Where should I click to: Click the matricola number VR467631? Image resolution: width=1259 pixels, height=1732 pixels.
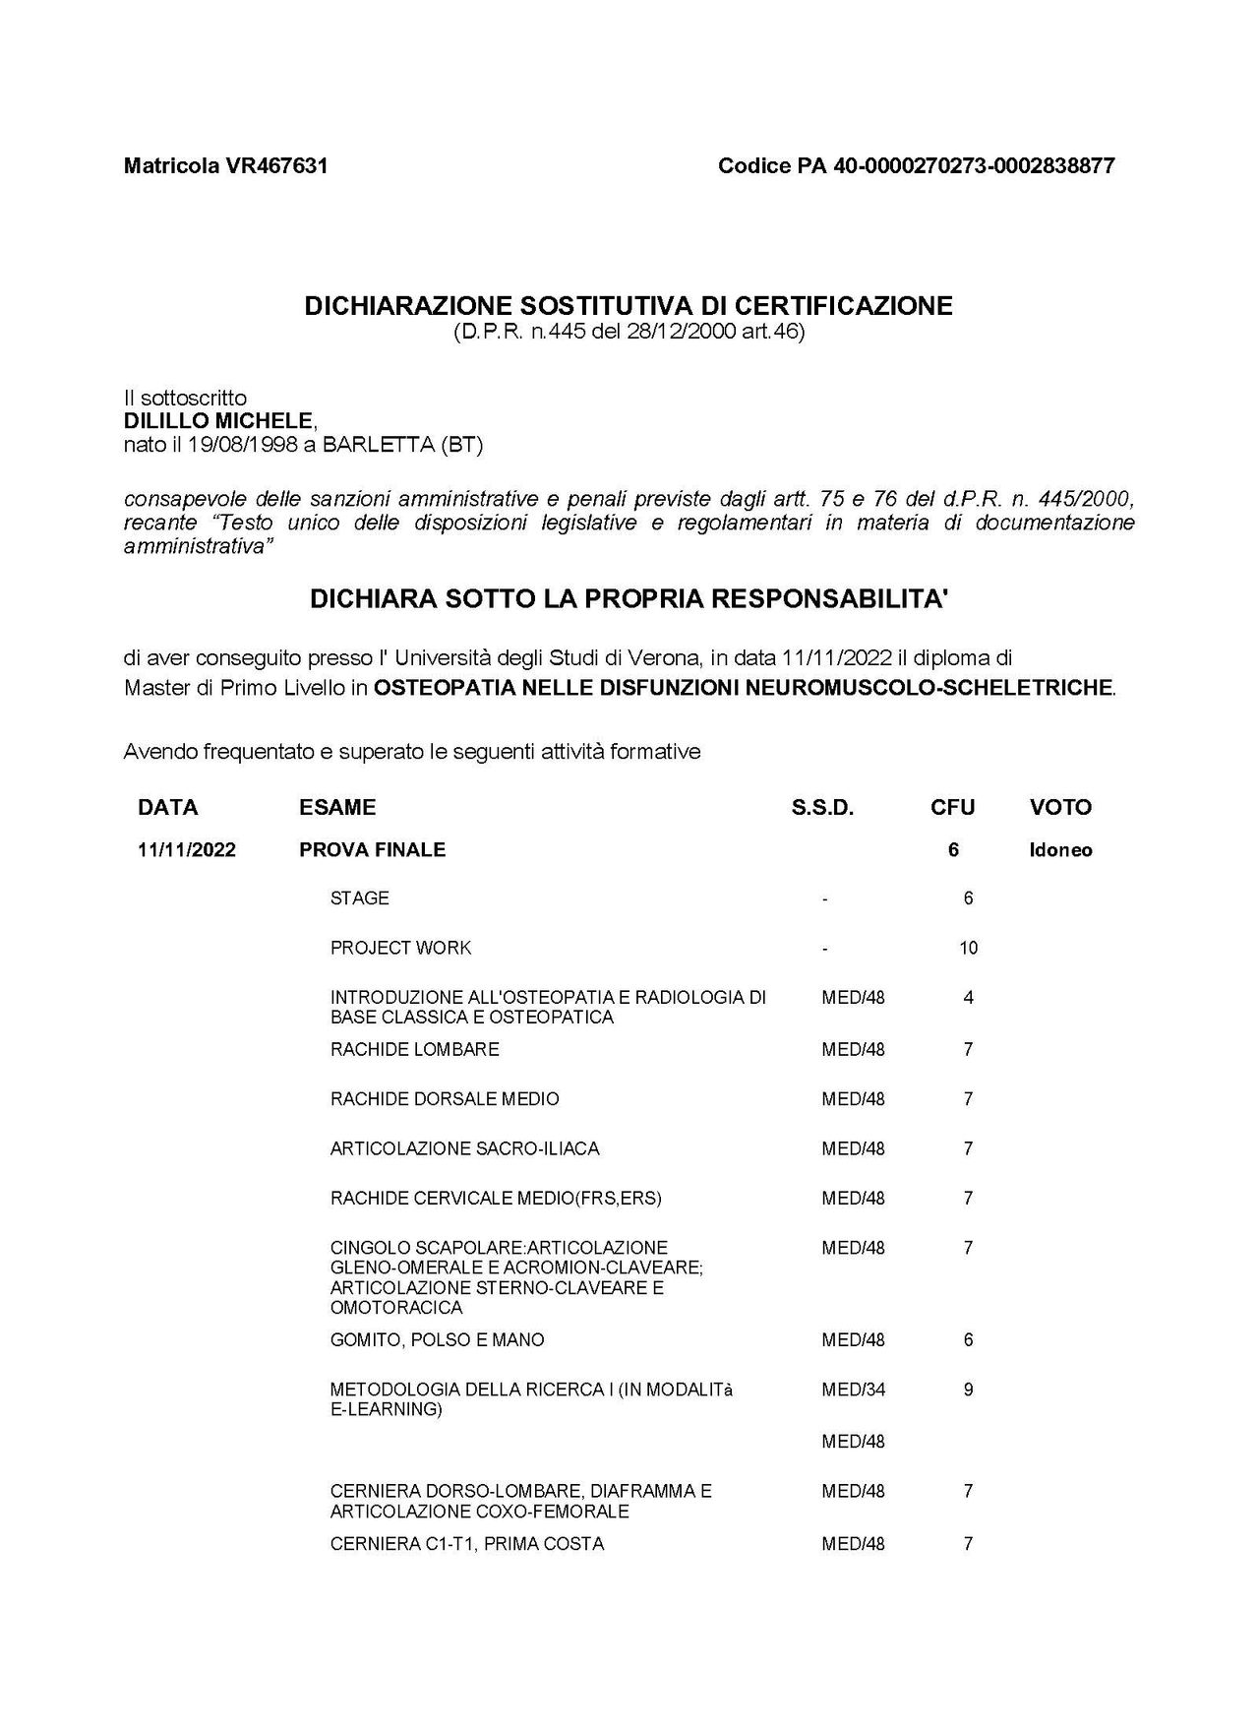(277, 165)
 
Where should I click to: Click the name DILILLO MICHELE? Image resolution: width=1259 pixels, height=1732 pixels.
(218, 421)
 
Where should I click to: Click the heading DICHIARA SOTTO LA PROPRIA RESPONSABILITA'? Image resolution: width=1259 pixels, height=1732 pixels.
(629, 599)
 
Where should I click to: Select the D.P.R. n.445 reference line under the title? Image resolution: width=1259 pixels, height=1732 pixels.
(629, 333)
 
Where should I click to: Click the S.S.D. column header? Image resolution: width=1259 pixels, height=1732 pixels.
(822, 808)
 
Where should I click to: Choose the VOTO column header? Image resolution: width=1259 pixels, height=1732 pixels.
(1060, 808)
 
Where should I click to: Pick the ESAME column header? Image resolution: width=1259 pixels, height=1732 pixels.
(337, 808)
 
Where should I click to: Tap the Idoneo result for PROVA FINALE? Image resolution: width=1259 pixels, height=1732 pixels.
(1060, 850)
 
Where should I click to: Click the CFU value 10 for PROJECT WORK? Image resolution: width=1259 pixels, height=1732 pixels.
(968, 949)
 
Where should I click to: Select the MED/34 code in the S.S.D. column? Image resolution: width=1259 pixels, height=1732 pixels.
(853, 1390)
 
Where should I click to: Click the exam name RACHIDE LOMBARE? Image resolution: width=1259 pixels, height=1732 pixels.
(414, 1050)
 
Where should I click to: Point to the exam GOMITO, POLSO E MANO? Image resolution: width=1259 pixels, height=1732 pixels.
(437, 1340)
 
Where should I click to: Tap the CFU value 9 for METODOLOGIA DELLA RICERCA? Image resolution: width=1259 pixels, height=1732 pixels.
(968, 1390)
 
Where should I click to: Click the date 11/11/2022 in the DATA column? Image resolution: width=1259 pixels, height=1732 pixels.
(187, 850)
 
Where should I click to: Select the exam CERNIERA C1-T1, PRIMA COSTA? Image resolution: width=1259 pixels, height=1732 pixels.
(467, 1544)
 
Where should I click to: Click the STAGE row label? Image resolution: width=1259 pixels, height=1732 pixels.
(359, 898)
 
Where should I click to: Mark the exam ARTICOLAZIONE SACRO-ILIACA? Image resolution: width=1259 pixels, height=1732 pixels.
(464, 1148)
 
